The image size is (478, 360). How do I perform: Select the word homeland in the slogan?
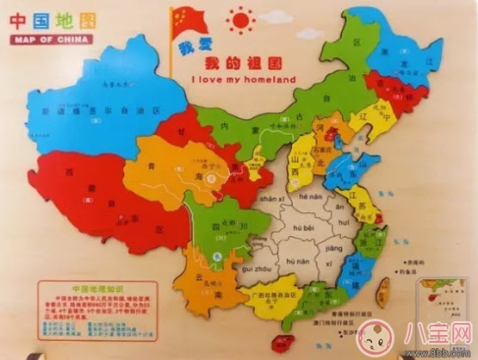[x=270, y=80]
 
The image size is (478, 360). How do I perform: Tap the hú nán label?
[x=298, y=259]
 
